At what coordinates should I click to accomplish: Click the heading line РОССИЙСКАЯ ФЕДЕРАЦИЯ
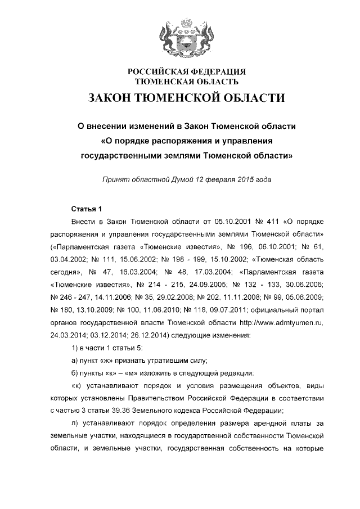coord(186,73)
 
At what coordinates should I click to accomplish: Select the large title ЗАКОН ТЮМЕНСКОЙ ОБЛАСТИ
coord(186,98)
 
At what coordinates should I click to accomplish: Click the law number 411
coord(250,222)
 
